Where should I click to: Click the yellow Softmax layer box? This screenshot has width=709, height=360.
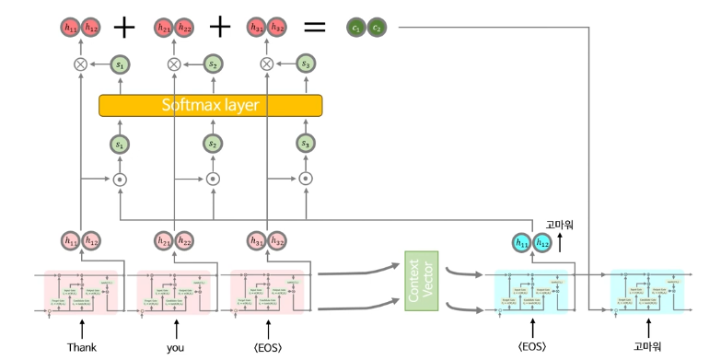click(x=211, y=105)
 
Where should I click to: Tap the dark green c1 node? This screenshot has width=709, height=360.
click(x=356, y=29)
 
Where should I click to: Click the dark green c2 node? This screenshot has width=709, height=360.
click(x=377, y=29)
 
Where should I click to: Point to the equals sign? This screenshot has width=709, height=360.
click(x=315, y=28)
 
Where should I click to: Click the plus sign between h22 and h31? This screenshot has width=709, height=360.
click(x=219, y=28)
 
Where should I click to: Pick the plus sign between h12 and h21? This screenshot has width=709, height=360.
click(x=124, y=28)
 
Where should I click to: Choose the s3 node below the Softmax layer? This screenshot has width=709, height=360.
click(x=305, y=145)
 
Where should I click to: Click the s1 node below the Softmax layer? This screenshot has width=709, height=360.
click(x=119, y=145)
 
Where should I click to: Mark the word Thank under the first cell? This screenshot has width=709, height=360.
click(x=81, y=347)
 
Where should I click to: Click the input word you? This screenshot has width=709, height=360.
click(x=175, y=347)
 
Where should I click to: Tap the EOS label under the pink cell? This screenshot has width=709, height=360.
click(x=267, y=347)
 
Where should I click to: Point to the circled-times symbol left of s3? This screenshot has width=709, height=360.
click(x=267, y=64)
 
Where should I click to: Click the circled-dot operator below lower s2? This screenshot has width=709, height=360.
click(x=212, y=179)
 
